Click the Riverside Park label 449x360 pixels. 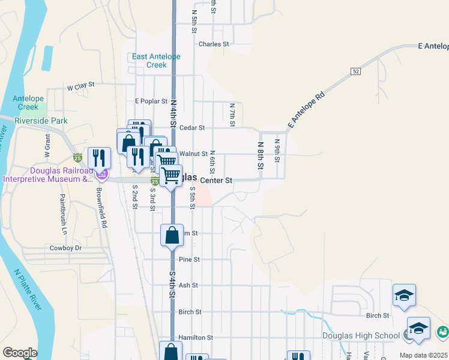pos(41,121)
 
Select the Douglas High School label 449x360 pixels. pos(369,335)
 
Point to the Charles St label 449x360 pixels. pos(214,44)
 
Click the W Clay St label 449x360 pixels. pos(81,86)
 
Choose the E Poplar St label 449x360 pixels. pos(149,101)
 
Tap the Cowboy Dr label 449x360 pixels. pos(65,248)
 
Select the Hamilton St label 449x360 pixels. pos(196,338)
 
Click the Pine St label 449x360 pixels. pos(188,260)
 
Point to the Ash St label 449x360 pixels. pos(188,286)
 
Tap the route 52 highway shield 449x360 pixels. pos(356,71)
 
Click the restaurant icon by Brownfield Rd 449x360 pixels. pos(99,158)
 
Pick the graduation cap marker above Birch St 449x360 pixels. pos(404,295)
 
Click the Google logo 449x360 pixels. pos(19,353)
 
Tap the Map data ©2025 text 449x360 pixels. pos(423,355)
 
